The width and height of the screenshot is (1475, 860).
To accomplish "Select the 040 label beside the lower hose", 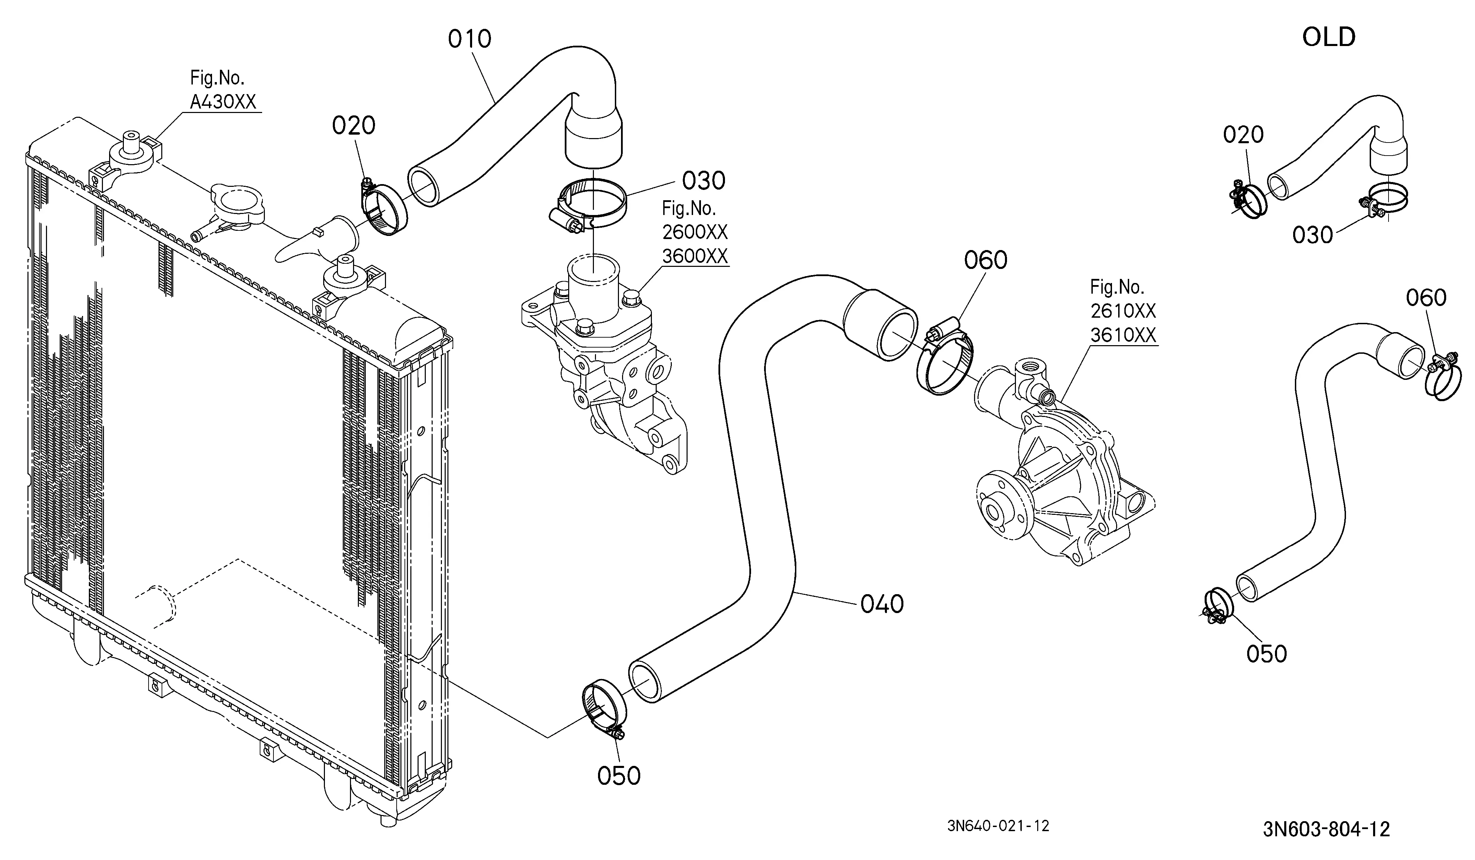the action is click(882, 604).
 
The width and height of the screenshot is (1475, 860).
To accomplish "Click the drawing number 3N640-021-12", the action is click(998, 826).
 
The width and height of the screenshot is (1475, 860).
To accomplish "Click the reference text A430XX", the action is click(223, 102).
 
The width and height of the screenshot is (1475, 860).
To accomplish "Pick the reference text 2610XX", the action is click(1123, 311).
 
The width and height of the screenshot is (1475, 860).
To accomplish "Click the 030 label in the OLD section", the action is click(1312, 235).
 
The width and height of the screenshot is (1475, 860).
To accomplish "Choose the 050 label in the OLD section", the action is click(1267, 654).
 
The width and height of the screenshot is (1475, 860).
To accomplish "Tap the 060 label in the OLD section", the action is click(1426, 298).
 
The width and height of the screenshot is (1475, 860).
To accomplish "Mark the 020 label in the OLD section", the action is click(1243, 135).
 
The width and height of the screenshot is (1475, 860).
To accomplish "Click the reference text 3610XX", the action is click(1123, 335).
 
